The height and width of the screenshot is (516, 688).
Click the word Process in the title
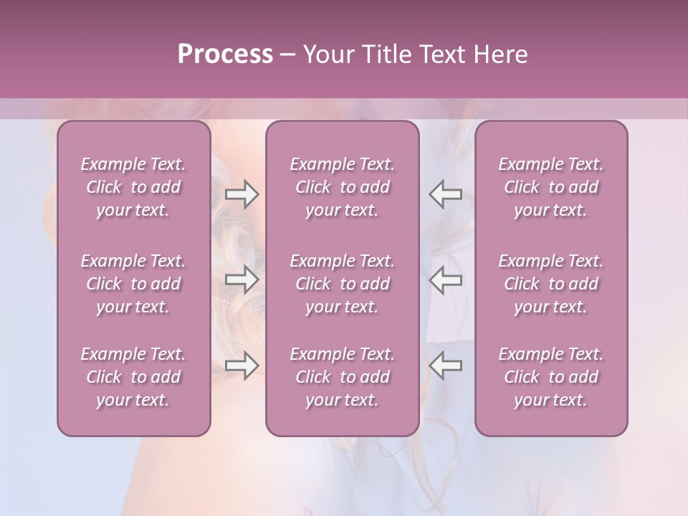tap(225, 54)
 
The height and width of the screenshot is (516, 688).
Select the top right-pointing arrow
tap(242, 193)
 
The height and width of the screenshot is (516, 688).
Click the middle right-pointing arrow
tap(242, 279)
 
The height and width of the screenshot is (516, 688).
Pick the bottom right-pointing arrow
tap(242, 365)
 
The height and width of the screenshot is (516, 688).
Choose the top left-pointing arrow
tap(446, 193)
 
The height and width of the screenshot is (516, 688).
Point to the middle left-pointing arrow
tap(446, 279)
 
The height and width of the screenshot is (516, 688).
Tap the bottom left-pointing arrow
tap(446, 365)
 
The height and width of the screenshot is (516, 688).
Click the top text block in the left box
tap(133, 187)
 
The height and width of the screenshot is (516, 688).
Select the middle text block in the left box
tap(133, 284)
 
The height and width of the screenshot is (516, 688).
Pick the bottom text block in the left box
tap(133, 377)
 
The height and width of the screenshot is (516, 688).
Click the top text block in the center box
tap(342, 187)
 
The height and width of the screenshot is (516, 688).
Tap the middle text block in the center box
tap(342, 284)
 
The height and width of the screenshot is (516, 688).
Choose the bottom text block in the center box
tap(342, 377)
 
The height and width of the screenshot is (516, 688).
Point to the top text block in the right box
tap(550, 187)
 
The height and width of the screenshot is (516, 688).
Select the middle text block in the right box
tap(550, 284)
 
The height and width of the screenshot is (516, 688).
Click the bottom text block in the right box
tap(550, 377)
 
